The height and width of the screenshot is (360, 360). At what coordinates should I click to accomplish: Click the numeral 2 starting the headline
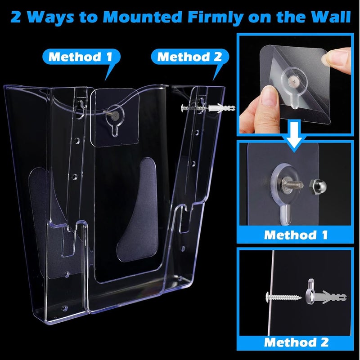(16, 18)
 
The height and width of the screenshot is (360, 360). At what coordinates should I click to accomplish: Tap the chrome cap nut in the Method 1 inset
(318, 187)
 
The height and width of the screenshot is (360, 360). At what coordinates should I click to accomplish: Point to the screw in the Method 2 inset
(283, 297)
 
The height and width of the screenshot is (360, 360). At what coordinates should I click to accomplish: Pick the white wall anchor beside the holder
(221, 108)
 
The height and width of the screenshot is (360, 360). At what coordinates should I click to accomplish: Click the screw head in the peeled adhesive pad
(293, 80)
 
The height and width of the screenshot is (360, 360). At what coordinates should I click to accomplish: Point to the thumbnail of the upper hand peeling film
(323, 58)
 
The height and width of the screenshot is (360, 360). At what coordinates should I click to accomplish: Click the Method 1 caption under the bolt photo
(296, 235)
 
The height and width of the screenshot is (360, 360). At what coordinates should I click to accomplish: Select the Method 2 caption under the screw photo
(296, 342)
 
